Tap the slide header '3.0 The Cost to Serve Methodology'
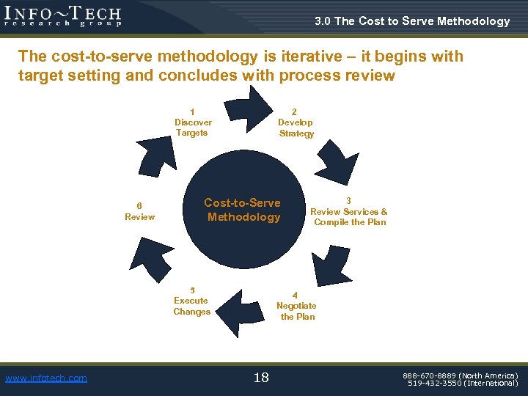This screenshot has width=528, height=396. click(412, 21)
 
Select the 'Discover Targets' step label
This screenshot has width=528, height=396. click(193, 122)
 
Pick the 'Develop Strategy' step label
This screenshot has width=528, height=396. click(296, 122)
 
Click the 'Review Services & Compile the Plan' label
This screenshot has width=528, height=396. click(349, 211)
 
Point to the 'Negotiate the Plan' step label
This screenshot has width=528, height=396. click(296, 306)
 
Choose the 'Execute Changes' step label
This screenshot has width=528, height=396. click(191, 301)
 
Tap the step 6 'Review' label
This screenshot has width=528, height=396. click(139, 211)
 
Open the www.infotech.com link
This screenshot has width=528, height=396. click(45, 378)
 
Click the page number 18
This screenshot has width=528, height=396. click(261, 378)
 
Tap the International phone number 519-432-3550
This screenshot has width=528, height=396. click(463, 383)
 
